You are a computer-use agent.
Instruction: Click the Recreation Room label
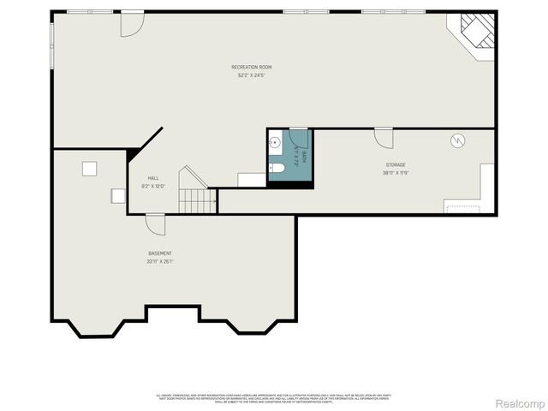(251, 67)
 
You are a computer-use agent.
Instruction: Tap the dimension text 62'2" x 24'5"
(251, 75)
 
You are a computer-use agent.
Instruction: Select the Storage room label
(395, 164)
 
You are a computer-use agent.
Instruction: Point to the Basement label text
(160, 253)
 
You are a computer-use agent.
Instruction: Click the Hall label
(153, 178)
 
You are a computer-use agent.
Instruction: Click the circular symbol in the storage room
(457, 140)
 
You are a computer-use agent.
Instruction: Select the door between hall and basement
(155, 223)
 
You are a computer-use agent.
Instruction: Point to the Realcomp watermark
(520, 402)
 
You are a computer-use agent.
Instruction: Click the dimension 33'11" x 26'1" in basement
(160, 262)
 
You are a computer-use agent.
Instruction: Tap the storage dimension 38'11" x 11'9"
(395, 173)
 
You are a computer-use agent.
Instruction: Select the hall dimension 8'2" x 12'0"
(153, 187)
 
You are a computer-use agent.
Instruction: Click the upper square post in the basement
(89, 169)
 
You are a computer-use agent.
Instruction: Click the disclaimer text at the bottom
(274, 397)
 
